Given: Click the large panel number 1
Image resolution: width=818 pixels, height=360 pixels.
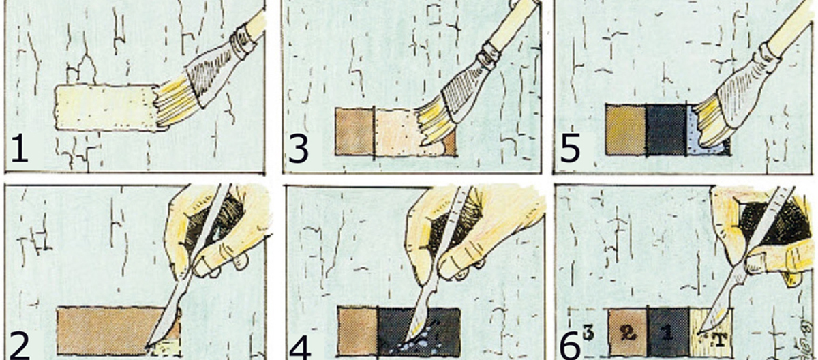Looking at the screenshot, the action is [20, 148].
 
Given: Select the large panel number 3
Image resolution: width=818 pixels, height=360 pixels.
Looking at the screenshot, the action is [299, 149].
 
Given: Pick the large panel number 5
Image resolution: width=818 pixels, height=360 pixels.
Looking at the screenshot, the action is [570, 148].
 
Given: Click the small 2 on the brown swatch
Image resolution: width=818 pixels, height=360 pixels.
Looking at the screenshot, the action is [627, 332].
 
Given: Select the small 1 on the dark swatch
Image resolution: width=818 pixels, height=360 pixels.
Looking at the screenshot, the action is [667, 332].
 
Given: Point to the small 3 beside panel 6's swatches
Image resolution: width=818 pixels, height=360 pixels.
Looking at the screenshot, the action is [588, 332].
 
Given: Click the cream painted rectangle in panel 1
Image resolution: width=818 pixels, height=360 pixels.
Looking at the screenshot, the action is [106, 107].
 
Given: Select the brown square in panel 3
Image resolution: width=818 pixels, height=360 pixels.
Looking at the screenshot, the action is [355, 132].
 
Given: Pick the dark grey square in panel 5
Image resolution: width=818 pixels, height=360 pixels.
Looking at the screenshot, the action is [667, 130].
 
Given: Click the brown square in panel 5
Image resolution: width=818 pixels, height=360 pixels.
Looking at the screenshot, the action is [626, 130].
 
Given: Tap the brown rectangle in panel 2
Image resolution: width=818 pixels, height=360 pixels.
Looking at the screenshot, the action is [106, 331].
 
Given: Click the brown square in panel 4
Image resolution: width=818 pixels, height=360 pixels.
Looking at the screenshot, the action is [357, 331].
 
